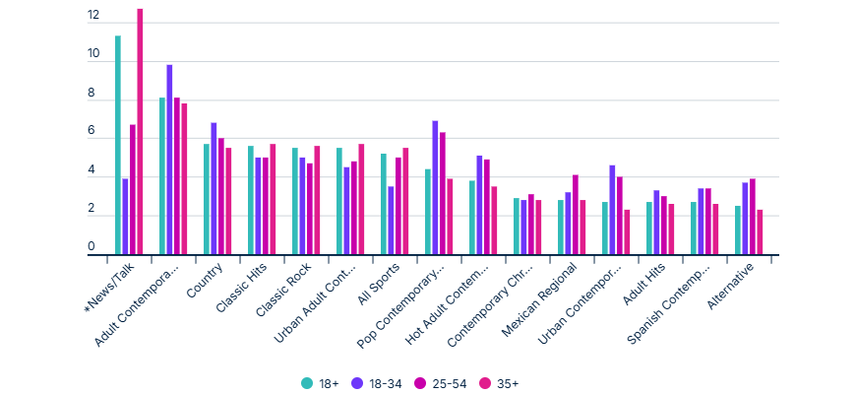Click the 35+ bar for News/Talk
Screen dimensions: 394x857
[140, 132]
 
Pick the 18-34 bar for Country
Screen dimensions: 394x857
[214, 189]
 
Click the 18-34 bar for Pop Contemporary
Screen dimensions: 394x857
[435, 188]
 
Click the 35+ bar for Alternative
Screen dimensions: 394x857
[760, 232]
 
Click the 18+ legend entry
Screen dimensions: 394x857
[320, 383]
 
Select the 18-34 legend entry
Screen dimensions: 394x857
[384, 383]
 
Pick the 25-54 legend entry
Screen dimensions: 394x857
[450, 383]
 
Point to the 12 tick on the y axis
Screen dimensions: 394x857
[92, 17]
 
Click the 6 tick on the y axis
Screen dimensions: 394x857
[92, 132]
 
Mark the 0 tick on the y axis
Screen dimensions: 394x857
[92, 247]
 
